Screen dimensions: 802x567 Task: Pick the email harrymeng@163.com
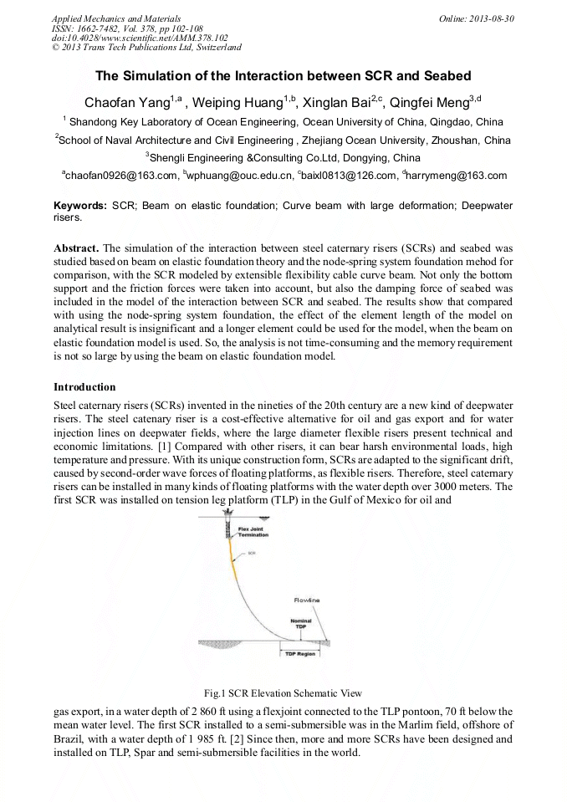click(457, 176)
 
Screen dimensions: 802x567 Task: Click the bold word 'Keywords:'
click(80, 206)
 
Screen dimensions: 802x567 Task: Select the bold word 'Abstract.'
click(76, 249)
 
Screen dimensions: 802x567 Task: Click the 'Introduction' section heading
click(84, 387)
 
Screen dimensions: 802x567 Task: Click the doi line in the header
click(140, 38)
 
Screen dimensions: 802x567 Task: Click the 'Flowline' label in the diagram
click(305, 600)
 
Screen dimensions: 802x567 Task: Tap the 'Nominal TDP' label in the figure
click(300, 623)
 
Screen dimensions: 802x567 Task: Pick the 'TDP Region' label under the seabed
click(299, 653)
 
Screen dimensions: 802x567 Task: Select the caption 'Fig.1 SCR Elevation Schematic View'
click(283, 693)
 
